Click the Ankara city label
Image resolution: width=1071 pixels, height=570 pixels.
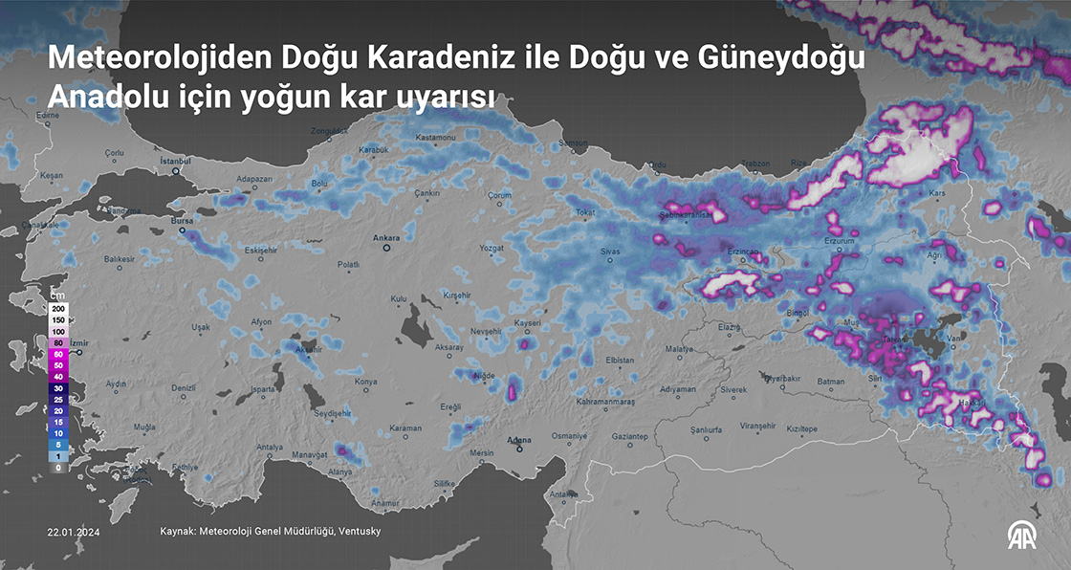tap(385, 236)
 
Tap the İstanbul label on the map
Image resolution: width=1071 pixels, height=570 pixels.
tap(177, 161)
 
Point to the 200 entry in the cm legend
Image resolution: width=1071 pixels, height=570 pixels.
tap(58, 309)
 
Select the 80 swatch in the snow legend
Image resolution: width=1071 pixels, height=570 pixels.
tap(58, 342)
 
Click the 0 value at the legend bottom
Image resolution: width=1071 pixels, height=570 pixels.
tap(58, 468)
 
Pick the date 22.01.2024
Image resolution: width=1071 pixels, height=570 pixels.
tap(74, 531)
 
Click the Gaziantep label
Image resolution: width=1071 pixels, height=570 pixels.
tap(630, 436)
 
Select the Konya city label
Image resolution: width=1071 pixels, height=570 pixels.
tap(365, 382)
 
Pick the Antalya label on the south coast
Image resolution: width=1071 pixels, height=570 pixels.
tap(271, 447)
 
